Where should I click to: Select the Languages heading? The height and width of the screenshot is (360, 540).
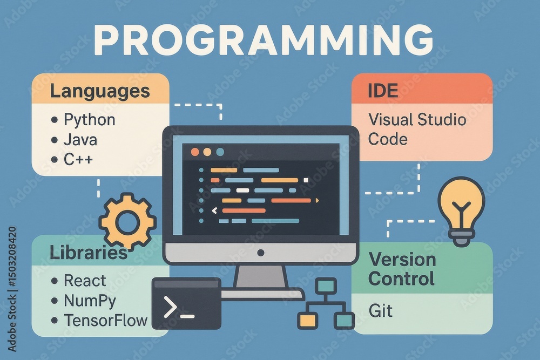coord(100,91)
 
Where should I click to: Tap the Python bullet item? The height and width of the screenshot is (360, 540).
coord(89,119)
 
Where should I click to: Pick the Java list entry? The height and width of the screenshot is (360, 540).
coord(80,140)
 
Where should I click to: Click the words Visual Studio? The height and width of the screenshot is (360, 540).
coord(417,119)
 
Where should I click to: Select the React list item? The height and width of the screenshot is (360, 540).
coord(85,280)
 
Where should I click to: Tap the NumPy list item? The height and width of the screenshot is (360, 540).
coord(90,300)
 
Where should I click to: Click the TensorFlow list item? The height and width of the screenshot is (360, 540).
coord(105,320)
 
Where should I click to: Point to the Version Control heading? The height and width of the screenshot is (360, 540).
coord(402,269)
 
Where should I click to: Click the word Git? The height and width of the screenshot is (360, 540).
coord(380,310)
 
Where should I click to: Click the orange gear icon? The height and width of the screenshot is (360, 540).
coord(127,221)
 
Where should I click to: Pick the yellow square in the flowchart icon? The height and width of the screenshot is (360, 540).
coord(307,321)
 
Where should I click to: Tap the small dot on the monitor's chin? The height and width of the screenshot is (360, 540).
coord(261,253)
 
